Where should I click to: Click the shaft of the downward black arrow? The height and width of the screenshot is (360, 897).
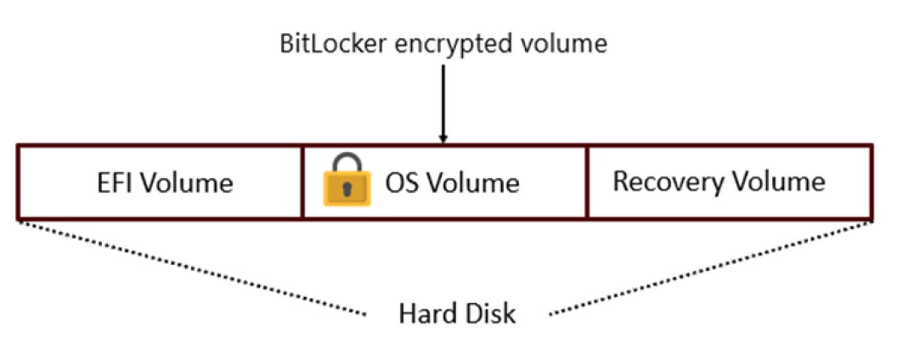coord(442,98)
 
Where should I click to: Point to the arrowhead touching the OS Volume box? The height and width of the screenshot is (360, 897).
coord(442,138)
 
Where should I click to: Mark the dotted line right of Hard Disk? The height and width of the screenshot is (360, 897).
coord(714,267)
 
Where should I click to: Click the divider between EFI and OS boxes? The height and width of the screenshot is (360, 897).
coord(302,182)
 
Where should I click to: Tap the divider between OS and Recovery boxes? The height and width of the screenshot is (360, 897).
coord(586,182)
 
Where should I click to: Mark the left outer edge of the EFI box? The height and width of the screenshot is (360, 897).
coord(19,182)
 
